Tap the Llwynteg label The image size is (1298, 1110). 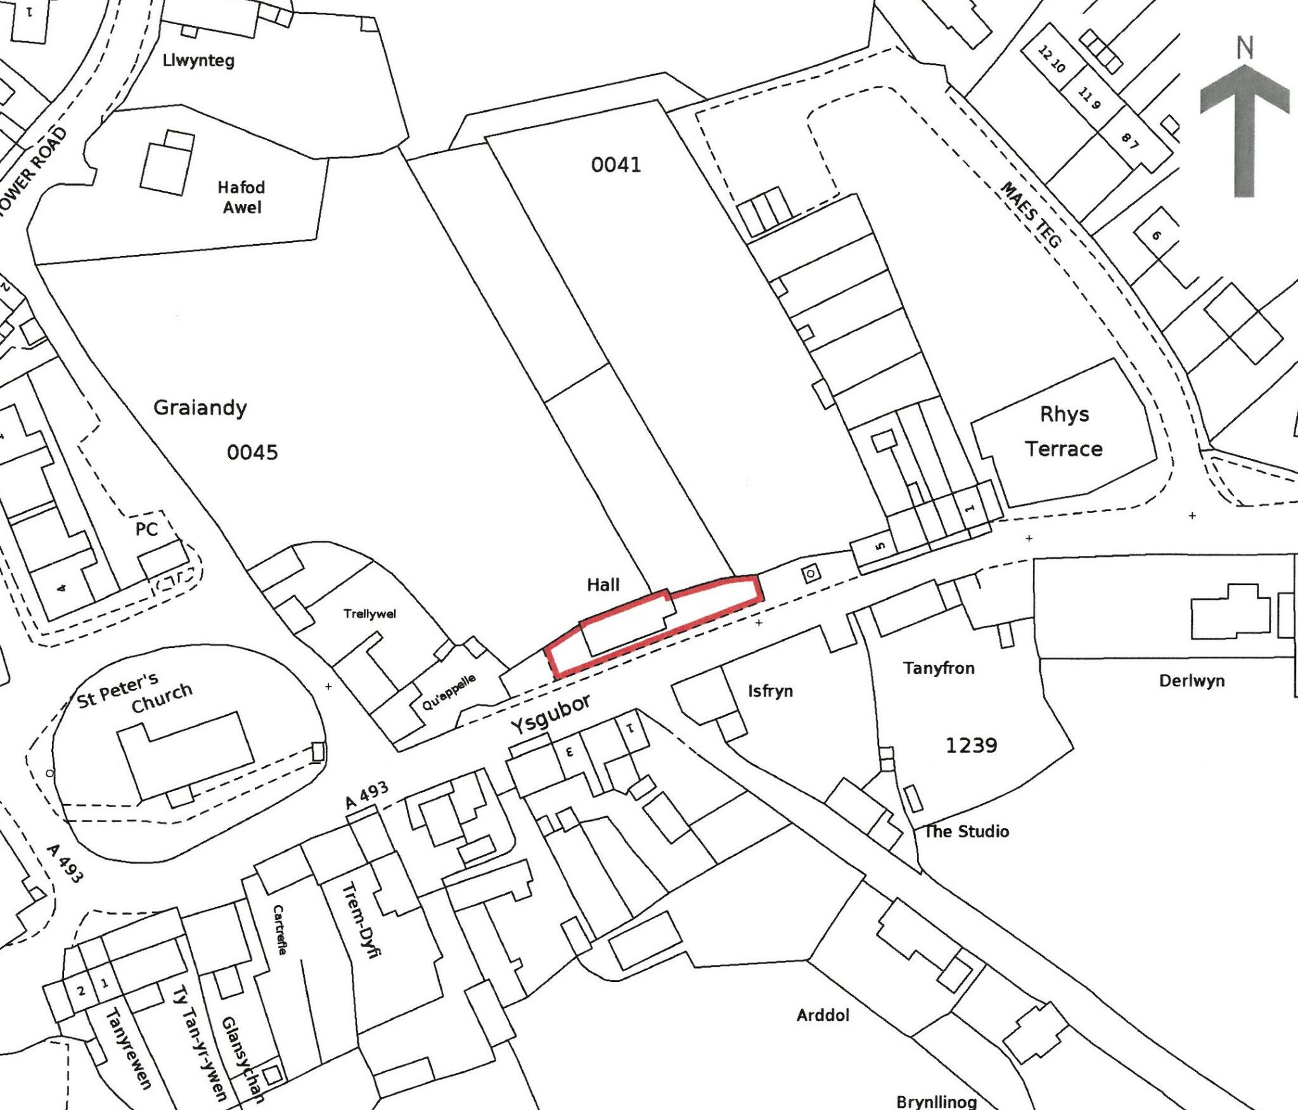198,61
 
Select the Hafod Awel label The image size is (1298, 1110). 241,197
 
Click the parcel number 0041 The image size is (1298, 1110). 615,165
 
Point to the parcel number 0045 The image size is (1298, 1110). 252,453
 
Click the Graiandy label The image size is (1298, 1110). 200,408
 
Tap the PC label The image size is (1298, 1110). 146,529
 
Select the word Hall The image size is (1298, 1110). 603,585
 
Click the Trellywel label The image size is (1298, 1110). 369,614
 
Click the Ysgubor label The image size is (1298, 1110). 551,713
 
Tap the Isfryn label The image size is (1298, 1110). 770,690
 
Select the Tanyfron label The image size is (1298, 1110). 939,668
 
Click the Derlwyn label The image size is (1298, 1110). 1192,681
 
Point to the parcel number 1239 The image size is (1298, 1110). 971,745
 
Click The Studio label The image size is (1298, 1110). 967,831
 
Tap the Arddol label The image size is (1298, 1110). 823,1015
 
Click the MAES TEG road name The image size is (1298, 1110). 1031,214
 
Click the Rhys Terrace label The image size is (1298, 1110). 1064,432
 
